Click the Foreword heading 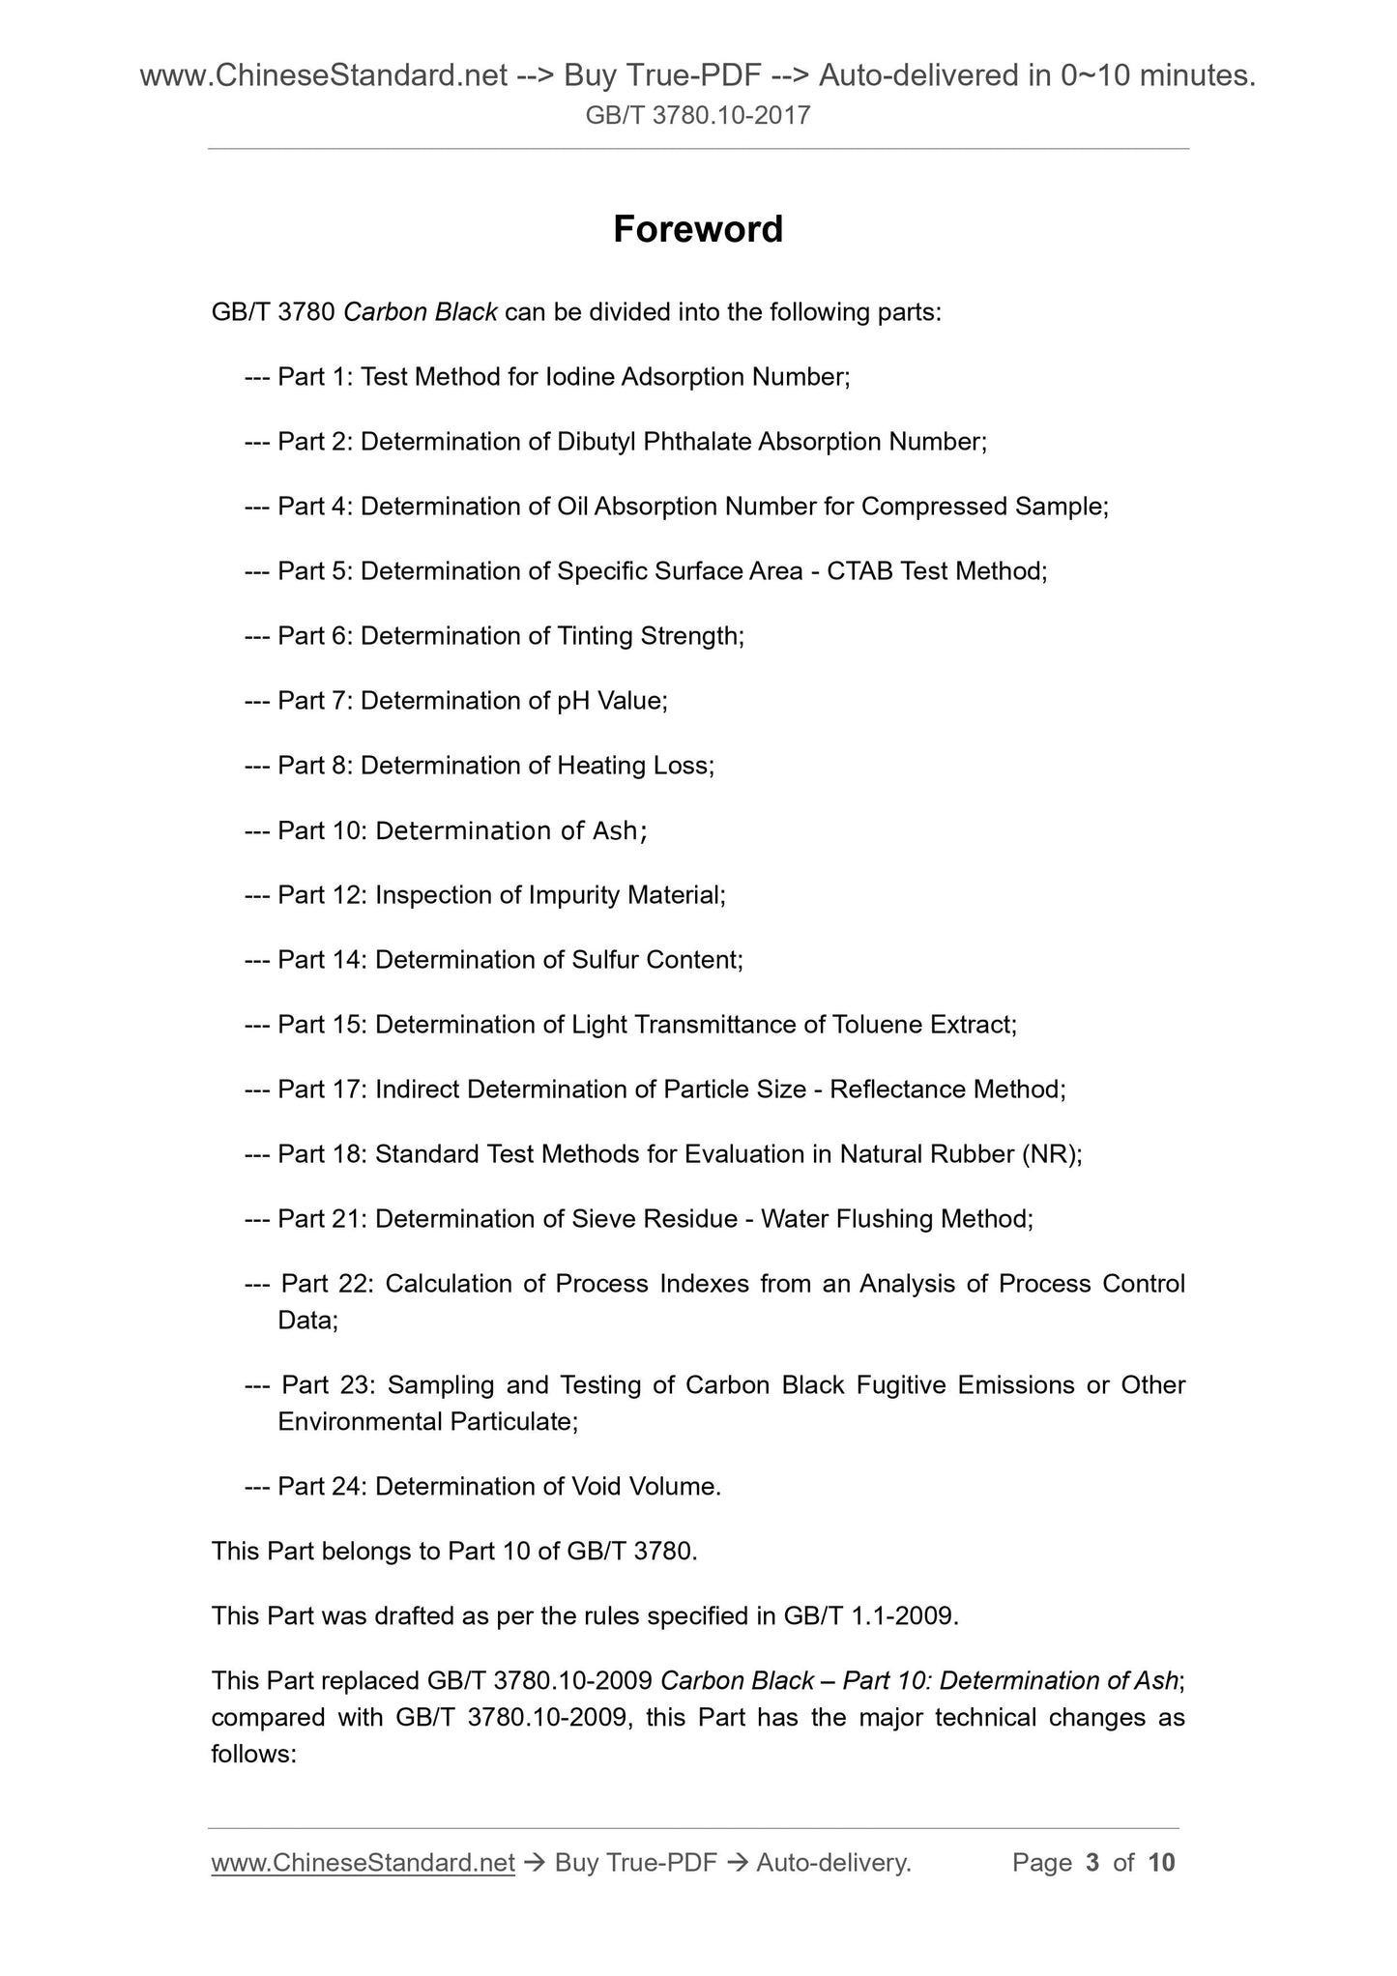(x=698, y=229)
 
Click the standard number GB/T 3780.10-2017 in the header (x=698, y=116)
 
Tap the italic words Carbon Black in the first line (x=421, y=312)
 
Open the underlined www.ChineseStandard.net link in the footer (x=363, y=1862)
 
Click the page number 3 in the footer (x=1092, y=1862)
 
